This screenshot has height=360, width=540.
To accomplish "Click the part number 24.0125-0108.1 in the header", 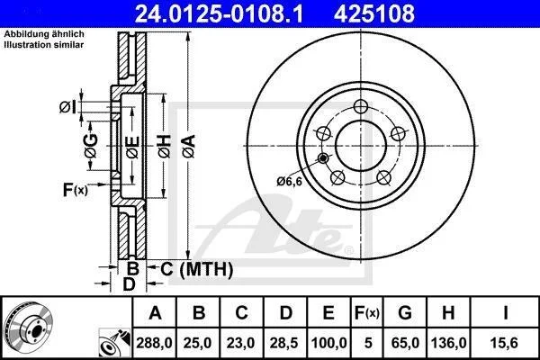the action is (x=219, y=13).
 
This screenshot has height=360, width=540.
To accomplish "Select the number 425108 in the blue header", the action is (x=374, y=13).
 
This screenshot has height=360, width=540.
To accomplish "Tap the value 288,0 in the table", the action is (x=154, y=343).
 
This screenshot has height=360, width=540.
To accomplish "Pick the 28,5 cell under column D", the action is (x=284, y=343).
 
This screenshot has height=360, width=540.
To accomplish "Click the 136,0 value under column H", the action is (x=448, y=343).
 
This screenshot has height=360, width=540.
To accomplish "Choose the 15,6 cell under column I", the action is (x=505, y=343).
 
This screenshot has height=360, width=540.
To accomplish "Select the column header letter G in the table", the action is (x=405, y=313).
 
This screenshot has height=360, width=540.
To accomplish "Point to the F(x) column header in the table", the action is (x=367, y=313).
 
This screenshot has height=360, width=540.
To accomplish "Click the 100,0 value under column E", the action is (x=328, y=343).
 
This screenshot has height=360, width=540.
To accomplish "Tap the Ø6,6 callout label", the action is (x=289, y=181).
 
